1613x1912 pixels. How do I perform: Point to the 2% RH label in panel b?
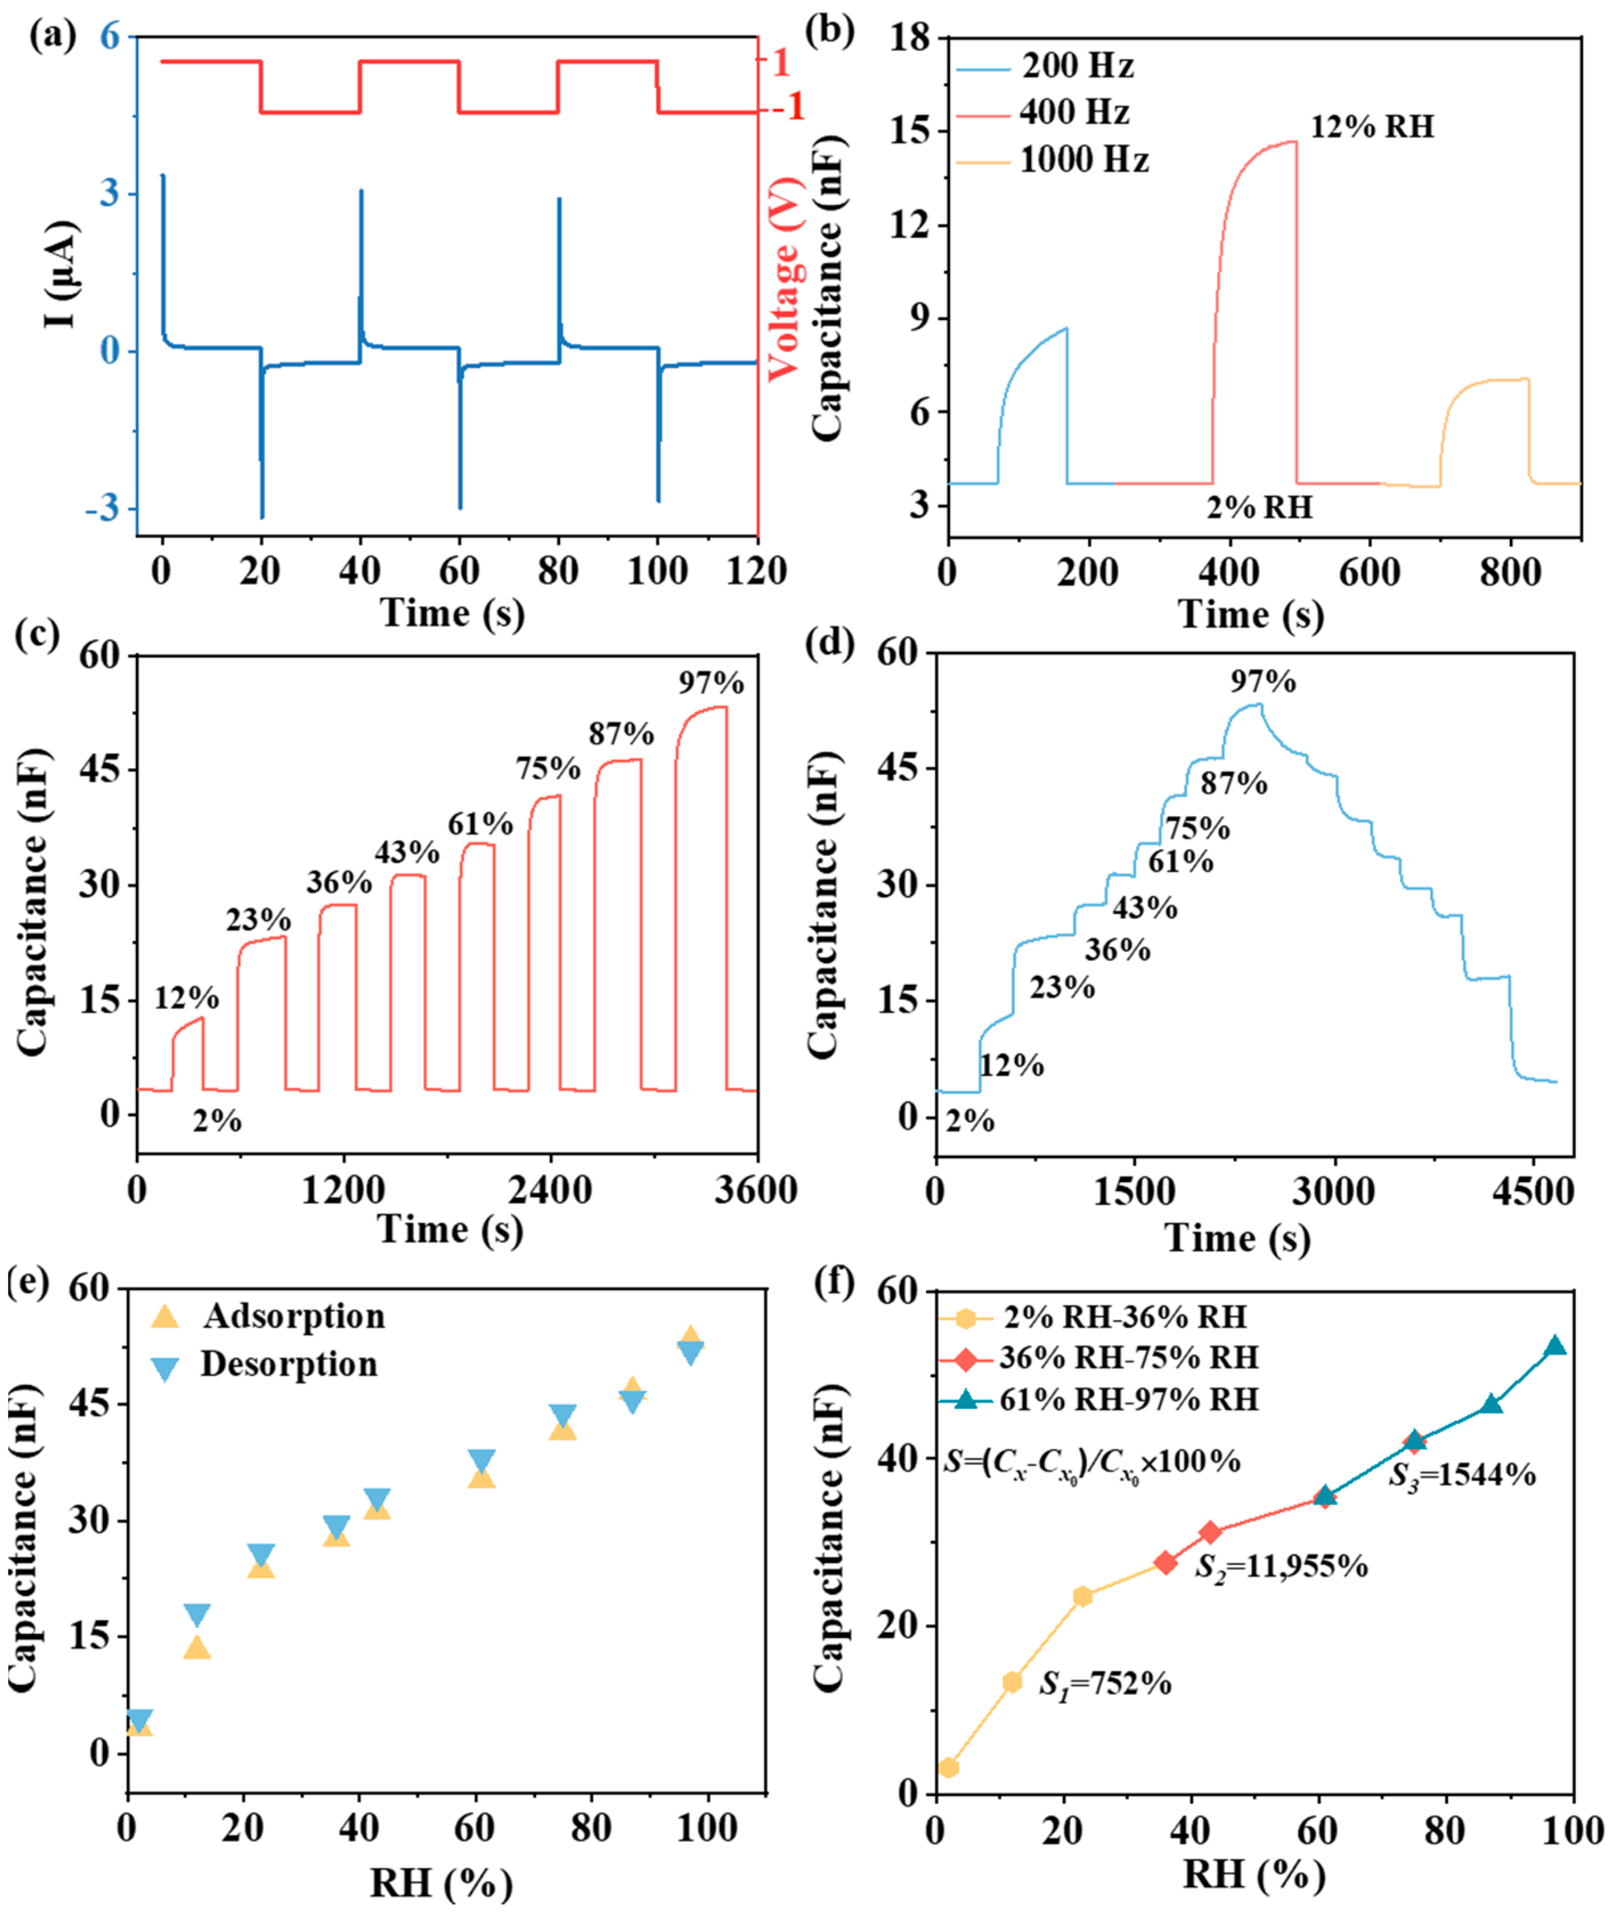coord(1259,507)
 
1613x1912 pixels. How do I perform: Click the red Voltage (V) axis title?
coord(784,279)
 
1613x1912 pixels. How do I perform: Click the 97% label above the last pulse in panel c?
coord(711,683)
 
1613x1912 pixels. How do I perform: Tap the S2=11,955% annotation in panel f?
coord(1280,1567)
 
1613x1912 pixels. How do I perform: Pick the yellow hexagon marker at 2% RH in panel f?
coord(948,1768)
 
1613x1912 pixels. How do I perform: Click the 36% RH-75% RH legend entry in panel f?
coord(1127,1358)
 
